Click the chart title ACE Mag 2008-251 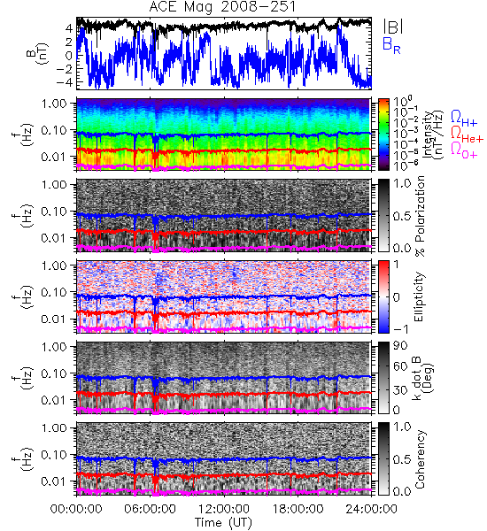coord(222,7)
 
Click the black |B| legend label coord(393,27)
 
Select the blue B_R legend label coord(391,45)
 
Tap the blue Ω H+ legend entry coord(464,119)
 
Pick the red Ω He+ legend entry coord(467,135)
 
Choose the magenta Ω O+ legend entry coord(464,150)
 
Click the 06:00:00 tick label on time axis coord(151,509)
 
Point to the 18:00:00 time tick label coord(298,509)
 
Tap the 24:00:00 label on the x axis coord(371,509)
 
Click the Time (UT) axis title coord(224,523)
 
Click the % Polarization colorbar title coord(420,216)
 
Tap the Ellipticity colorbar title coord(419,296)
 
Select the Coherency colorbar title coord(419,459)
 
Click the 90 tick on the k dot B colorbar coord(400,346)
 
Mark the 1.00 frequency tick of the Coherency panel coord(55,427)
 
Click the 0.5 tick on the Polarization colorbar coord(402,216)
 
